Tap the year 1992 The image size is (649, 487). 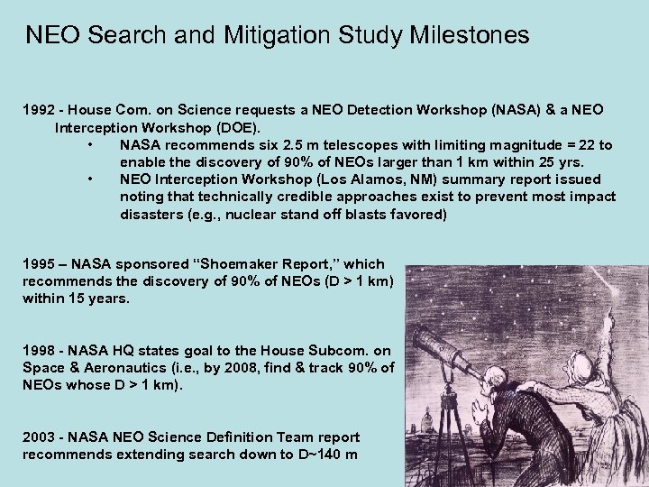click(x=39, y=110)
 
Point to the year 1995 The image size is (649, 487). click(x=39, y=264)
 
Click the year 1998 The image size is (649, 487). click(x=39, y=350)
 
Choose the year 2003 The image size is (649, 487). click(x=39, y=436)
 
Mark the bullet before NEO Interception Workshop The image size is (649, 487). click(x=91, y=179)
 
